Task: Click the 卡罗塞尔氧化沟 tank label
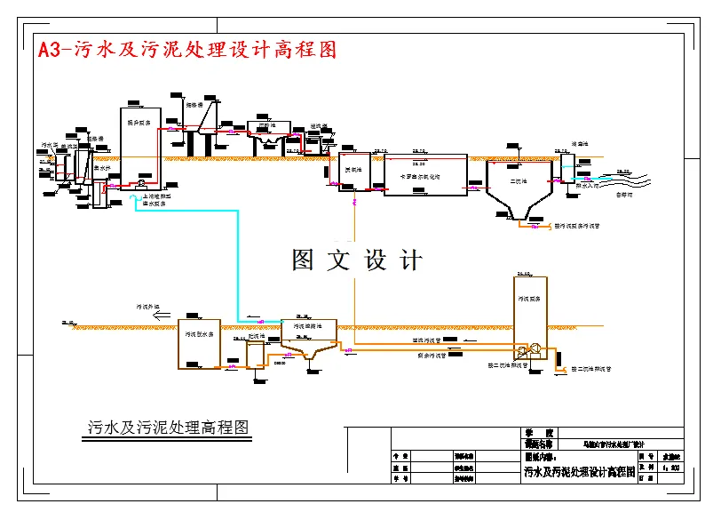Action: pos(426,176)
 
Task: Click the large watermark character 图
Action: pos(303,260)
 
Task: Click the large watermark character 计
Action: pos(411,260)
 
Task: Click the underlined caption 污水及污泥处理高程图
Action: pos(168,428)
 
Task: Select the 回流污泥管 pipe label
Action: pos(429,339)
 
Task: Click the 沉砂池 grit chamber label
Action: pos(265,125)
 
